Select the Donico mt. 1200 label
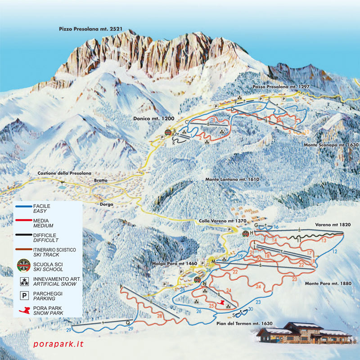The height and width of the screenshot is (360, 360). tap(153, 118)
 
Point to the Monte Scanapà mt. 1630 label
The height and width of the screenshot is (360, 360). tap(330, 145)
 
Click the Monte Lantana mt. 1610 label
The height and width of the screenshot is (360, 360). tap(233, 180)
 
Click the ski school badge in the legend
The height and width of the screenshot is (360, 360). tap(22, 265)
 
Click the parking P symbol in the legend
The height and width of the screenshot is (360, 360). tap(22, 295)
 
